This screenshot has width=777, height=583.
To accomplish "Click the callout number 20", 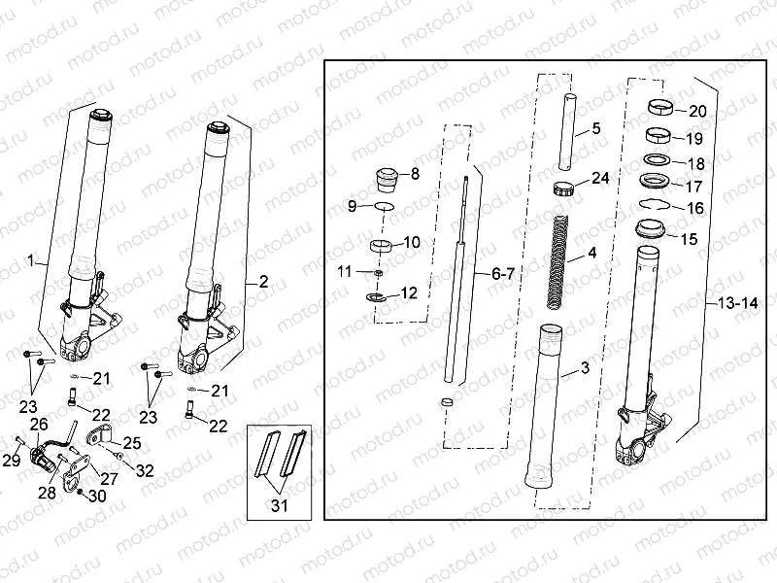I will pos(696,111).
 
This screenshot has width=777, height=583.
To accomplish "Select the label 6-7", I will pos(502,275).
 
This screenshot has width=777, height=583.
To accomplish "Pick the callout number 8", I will pos(415,174).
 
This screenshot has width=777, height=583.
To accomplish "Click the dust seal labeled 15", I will pos(648,230).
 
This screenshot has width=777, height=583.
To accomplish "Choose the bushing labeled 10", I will pos(383,244).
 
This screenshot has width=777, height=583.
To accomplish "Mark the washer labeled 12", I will pos(376,294).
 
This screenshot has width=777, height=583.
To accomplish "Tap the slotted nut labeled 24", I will pos(566,188).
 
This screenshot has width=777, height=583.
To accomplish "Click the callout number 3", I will pos(585,367).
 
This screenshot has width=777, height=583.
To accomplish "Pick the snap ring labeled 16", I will pos(654,204).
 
